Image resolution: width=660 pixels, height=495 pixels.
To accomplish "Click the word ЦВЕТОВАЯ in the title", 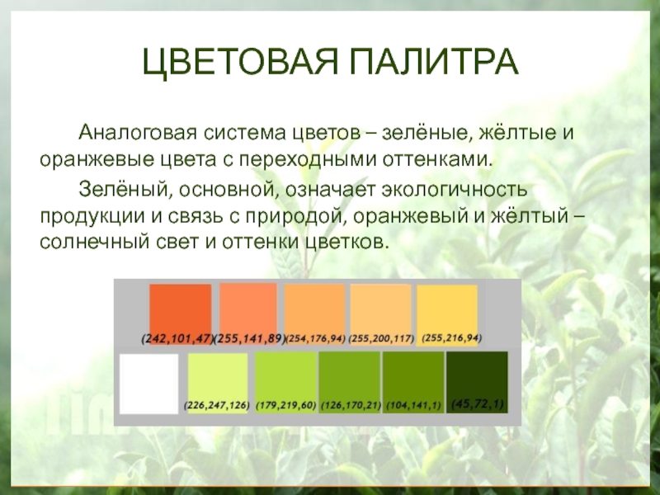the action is point(239,63).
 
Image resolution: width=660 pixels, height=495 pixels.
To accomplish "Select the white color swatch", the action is point(148,384).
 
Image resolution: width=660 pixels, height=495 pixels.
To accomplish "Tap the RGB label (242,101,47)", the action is point(177,339).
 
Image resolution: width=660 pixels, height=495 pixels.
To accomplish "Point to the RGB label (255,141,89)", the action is point(250,339).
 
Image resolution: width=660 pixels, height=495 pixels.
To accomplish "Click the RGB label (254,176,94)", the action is point(316,339).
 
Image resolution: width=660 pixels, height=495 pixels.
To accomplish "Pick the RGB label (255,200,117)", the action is point(381,339).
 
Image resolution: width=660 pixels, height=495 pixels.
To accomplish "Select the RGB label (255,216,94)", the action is point(451,338).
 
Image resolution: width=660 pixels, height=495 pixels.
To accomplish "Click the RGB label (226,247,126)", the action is point(217,406).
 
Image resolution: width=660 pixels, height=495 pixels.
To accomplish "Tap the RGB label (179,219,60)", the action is point(285,406).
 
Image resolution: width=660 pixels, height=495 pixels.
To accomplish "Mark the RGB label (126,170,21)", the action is point(351,406).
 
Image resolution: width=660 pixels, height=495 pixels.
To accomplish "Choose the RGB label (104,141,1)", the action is point(413,406).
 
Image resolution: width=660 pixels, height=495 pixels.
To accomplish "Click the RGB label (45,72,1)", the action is point(478,404).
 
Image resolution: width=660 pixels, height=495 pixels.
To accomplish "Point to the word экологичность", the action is point(455,190).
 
